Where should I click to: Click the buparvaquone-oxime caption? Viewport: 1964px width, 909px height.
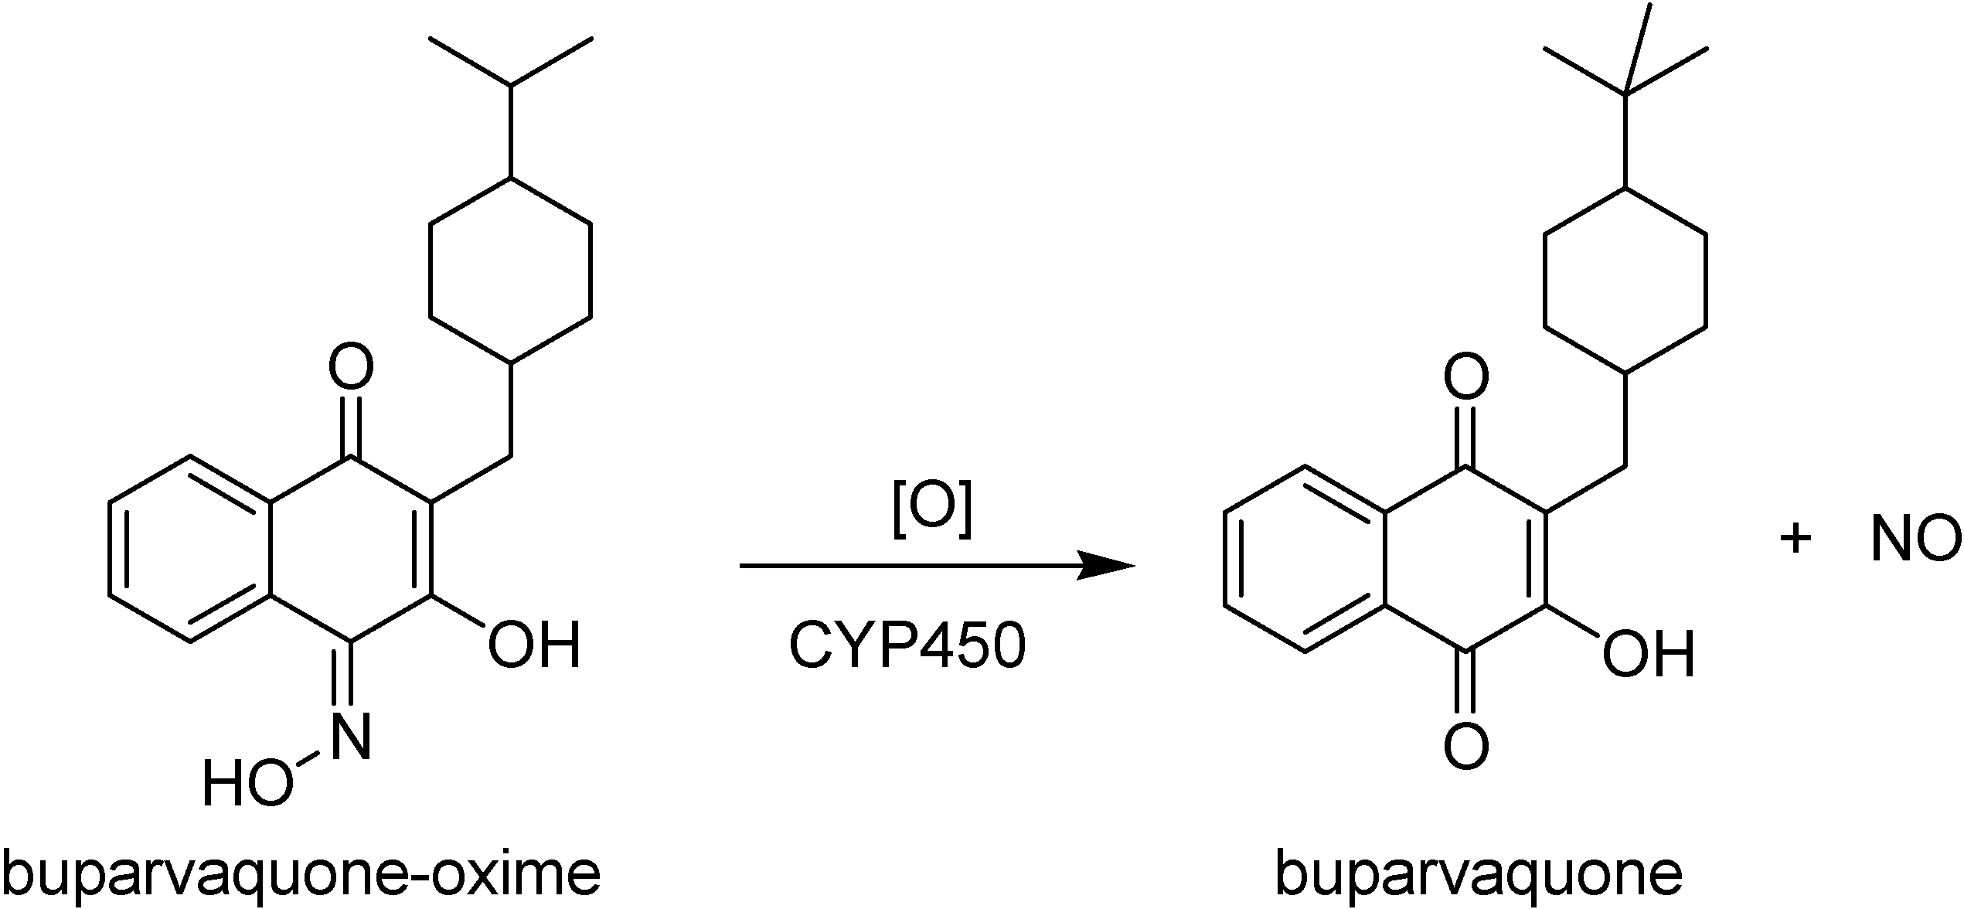pos(302,872)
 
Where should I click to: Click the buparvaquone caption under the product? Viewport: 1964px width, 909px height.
pos(1478,872)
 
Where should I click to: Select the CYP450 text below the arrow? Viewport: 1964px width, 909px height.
pos(907,645)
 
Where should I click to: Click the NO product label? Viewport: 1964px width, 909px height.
pos(1915,540)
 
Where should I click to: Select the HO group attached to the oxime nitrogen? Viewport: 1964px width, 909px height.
pos(247,782)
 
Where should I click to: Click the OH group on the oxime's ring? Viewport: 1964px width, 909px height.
pos(534,645)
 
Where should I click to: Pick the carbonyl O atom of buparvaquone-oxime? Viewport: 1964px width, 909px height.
pos(352,366)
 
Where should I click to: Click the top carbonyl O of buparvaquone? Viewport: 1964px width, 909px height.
pos(1466,377)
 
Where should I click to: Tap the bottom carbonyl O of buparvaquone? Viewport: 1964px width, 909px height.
pos(1466,746)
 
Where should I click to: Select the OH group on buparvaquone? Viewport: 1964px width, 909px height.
pos(1649,653)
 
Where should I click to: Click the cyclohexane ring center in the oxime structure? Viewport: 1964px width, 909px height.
pos(511,271)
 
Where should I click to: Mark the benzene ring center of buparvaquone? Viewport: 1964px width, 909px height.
pos(1305,558)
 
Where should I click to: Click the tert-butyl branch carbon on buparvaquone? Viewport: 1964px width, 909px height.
pos(1625,94)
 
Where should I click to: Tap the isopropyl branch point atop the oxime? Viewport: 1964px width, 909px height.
pos(511,85)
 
